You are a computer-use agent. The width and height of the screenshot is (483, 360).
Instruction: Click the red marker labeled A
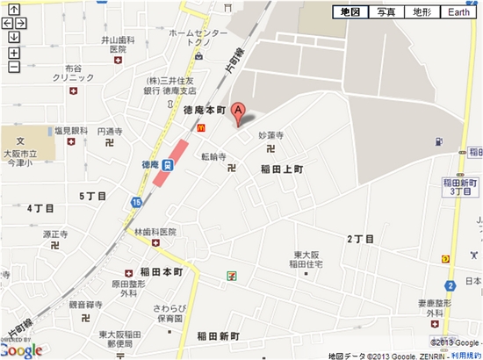[238, 115]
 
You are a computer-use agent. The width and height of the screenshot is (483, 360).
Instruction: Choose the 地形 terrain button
[422, 12]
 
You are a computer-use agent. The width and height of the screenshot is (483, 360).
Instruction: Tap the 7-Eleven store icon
[231, 275]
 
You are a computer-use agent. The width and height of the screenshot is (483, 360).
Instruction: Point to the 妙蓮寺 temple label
[271, 136]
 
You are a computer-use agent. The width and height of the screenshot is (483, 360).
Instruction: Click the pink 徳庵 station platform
[169, 162]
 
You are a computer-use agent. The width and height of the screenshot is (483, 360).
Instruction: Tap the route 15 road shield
[136, 203]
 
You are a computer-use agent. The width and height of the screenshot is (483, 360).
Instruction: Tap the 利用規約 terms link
[465, 355]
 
